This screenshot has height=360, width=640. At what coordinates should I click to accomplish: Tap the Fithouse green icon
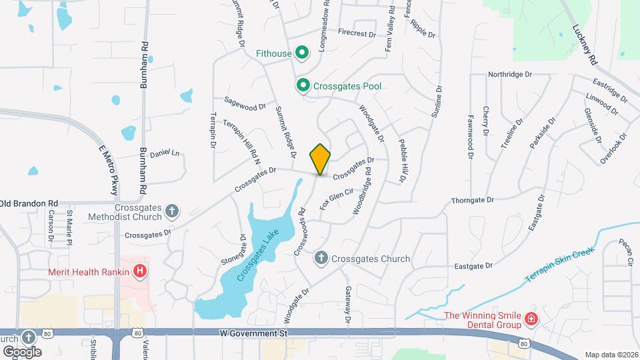[x=301, y=52]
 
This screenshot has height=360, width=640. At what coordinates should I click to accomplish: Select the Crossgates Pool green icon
[x=303, y=85]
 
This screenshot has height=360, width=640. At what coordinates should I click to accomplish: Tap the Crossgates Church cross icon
[x=321, y=258]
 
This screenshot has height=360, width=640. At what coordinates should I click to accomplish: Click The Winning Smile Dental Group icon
[x=531, y=319]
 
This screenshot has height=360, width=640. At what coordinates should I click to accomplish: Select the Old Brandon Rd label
[x=29, y=203]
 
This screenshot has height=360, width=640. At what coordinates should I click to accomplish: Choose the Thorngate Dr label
[x=472, y=199]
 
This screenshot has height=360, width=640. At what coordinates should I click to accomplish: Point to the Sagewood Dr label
[x=245, y=105]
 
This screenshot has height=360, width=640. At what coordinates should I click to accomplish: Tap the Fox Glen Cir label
[x=336, y=199]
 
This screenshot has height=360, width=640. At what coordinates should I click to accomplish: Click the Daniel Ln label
[x=165, y=153]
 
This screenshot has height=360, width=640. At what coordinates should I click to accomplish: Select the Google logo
[x=23, y=351]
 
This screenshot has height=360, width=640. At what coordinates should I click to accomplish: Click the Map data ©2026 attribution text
[x=611, y=355]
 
